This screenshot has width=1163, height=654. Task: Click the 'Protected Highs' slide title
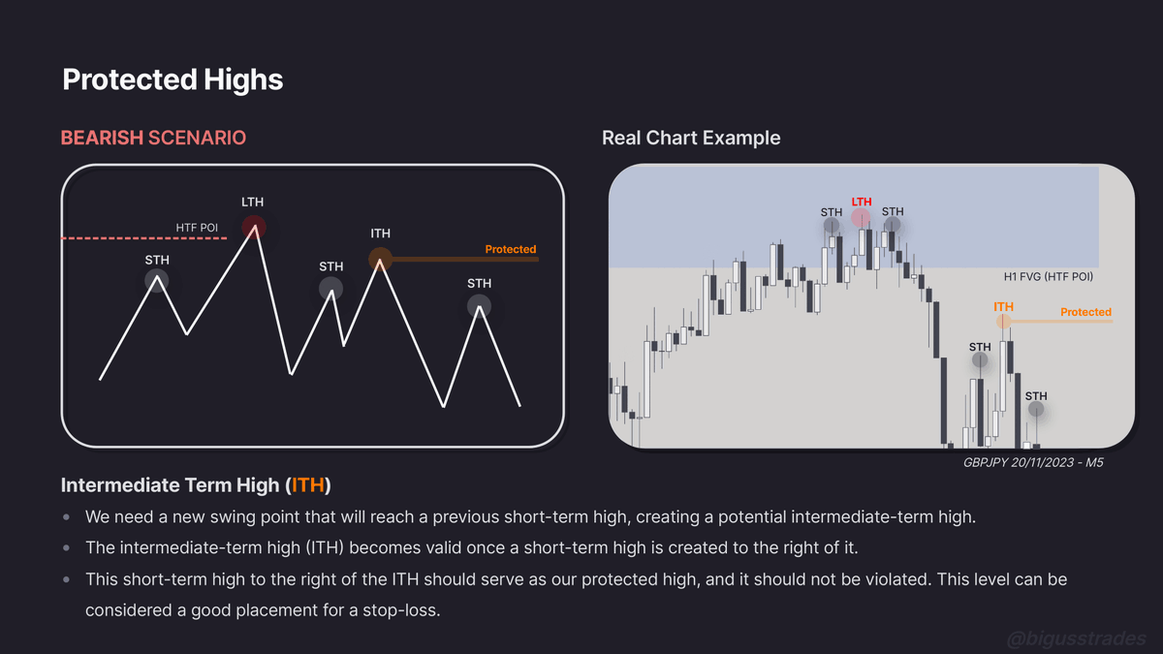coord(173,79)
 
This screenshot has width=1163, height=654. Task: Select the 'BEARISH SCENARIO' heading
coord(153,138)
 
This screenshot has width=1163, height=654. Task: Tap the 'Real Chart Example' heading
coord(691,138)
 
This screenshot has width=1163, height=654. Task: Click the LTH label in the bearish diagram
coord(252,202)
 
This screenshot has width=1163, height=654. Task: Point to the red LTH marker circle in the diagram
coord(254,228)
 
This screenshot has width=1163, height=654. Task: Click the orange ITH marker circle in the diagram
coord(380,258)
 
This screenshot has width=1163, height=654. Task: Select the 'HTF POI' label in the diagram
coord(197,228)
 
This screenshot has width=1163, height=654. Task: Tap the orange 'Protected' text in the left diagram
coord(510,249)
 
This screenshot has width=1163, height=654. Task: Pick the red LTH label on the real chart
coord(862,202)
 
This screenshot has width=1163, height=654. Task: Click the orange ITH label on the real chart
coord(1003,307)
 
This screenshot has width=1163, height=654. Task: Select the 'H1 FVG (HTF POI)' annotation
coord(1049,277)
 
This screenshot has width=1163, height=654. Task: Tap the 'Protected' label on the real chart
coord(1085,312)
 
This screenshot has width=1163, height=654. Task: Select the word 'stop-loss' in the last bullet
coord(404,610)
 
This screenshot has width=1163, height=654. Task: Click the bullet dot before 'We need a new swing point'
coord(66,516)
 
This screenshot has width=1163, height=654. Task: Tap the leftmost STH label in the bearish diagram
coord(156,260)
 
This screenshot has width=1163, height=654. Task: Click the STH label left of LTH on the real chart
coord(832,212)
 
